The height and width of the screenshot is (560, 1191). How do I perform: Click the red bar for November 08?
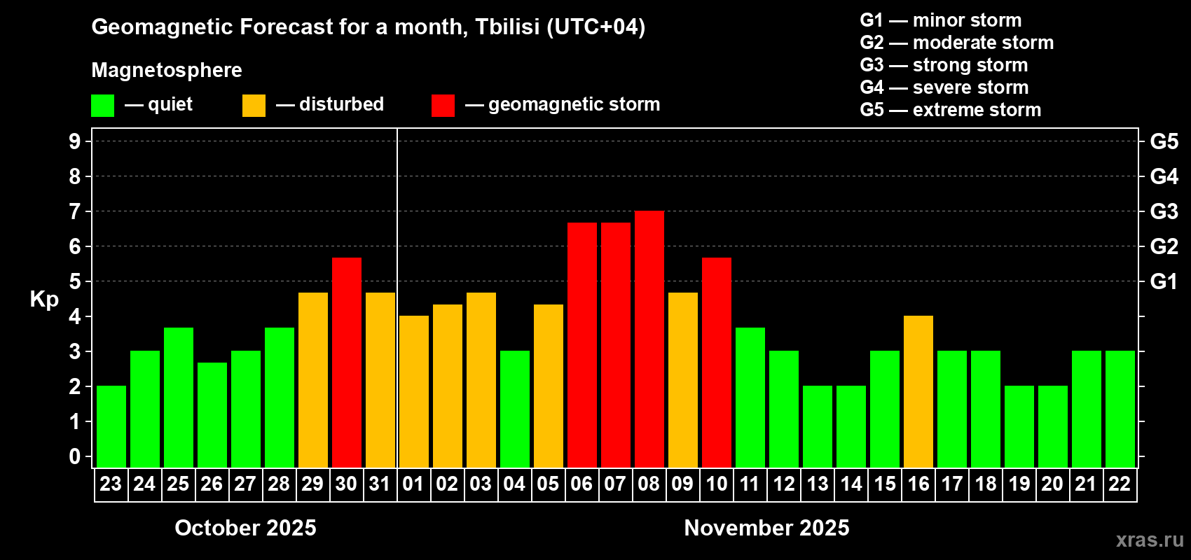point(649,339)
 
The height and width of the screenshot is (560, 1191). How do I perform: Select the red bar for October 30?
point(347,363)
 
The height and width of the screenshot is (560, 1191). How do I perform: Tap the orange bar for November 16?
point(918,392)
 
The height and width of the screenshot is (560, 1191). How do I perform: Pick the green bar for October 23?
point(111,427)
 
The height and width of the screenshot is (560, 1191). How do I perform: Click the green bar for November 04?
point(515,409)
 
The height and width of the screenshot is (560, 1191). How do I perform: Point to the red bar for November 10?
point(717,363)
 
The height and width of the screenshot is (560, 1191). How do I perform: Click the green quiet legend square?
point(103,106)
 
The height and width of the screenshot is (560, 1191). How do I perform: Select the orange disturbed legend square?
point(254,106)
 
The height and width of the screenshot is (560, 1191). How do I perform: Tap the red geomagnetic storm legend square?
point(443,106)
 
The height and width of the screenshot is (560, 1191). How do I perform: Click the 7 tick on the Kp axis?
point(75,211)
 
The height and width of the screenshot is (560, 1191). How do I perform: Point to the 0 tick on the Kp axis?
point(75,457)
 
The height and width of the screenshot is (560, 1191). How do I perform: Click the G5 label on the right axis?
point(1164,141)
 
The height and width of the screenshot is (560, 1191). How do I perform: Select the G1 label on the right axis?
point(1164,281)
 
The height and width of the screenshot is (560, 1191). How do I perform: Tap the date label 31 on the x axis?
point(380,484)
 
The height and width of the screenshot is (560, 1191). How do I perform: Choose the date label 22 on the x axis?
point(1120,484)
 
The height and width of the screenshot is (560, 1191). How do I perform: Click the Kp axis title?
point(44,299)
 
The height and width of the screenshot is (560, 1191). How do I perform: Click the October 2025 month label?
point(245,528)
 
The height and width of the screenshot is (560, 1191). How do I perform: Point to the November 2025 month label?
point(766,528)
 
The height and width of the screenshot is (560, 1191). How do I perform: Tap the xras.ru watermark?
point(1150,540)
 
